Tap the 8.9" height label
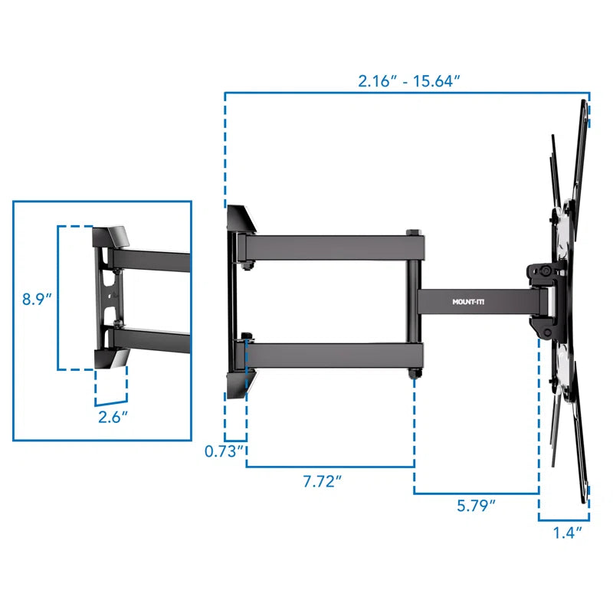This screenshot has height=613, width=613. tap(37, 299)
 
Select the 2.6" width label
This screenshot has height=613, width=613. tap(113, 418)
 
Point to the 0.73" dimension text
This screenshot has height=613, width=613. tap(225, 451)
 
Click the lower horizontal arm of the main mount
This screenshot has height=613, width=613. tap(329, 352)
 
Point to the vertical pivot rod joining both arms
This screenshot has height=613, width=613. tap(414, 306)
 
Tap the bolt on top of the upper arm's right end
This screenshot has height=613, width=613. tap(413, 231)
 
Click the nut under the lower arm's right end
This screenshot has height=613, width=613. tap(415, 372)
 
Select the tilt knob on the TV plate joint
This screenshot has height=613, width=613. tap(543, 270)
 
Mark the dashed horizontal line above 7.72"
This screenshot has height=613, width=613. tap(329, 466)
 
